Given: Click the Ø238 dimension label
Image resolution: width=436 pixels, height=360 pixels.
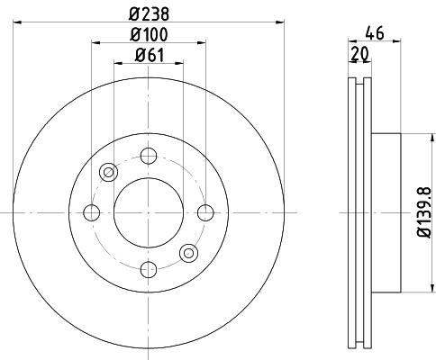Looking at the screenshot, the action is [149, 13].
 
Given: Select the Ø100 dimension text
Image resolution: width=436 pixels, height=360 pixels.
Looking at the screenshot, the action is [149, 34].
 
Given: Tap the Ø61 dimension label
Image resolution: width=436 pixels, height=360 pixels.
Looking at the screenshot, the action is [150, 55].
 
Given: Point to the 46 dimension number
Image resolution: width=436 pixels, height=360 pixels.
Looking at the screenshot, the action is [375, 32].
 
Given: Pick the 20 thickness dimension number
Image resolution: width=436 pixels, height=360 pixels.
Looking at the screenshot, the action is [359, 54].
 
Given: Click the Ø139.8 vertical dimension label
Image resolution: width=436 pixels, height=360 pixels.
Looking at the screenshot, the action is [424, 212].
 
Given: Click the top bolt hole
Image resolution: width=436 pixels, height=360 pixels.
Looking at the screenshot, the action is [149, 156].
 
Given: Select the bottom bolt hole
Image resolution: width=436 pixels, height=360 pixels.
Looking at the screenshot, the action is [149, 269].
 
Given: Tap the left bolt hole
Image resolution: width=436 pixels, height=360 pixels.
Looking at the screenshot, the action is [92, 212].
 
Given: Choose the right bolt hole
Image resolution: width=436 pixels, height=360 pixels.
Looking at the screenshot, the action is [205, 212].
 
